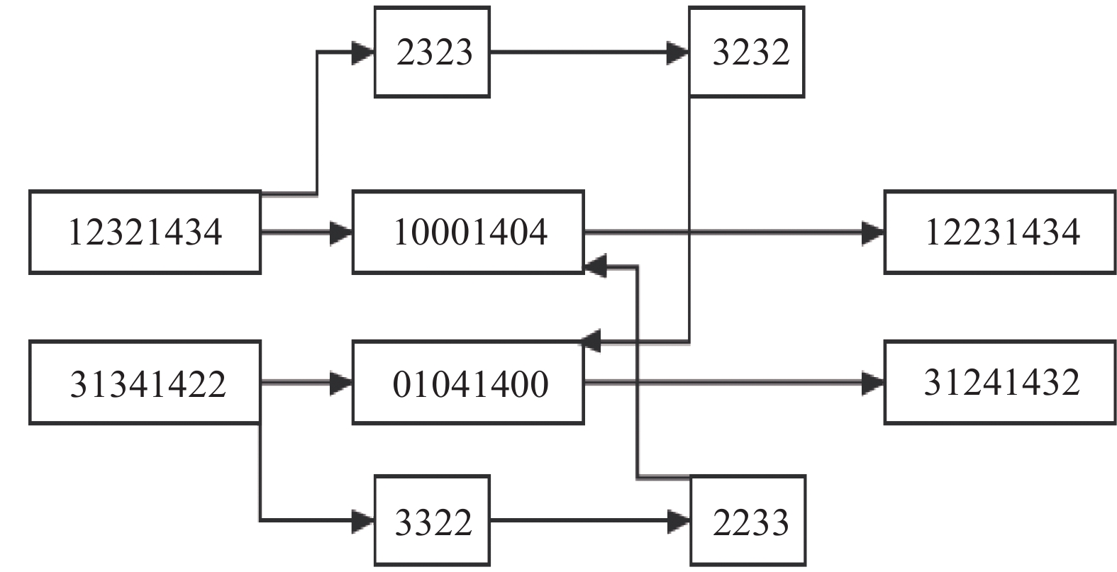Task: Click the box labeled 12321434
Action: pyautogui.click(x=145, y=232)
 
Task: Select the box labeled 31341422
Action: pyautogui.click(x=145, y=383)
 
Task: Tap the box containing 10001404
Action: pyautogui.click(x=468, y=232)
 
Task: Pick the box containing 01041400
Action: pyautogui.click(x=468, y=383)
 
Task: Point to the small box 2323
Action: pyautogui.click(x=432, y=52)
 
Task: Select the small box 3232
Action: pyautogui.click(x=747, y=52)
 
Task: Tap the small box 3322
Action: pyautogui.click(x=432, y=521)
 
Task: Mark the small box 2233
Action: pyautogui.click(x=748, y=521)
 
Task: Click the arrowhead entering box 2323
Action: pyautogui.click(x=364, y=52)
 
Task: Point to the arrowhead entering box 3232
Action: pyautogui.click(x=678, y=52)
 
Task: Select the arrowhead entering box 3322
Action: pyautogui.click(x=364, y=522)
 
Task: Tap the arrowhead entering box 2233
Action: pyautogui.click(x=679, y=522)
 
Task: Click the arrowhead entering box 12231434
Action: pyautogui.click(x=873, y=232)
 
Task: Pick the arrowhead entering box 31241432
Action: pyautogui.click(x=873, y=383)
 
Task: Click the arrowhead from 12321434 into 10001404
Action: pyautogui.click(x=342, y=232)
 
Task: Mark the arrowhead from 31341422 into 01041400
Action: pyautogui.click(x=342, y=383)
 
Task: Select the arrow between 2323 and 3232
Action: pyautogui.click(x=582, y=52)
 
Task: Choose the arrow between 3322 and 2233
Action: pyautogui.click(x=582, y=522)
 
